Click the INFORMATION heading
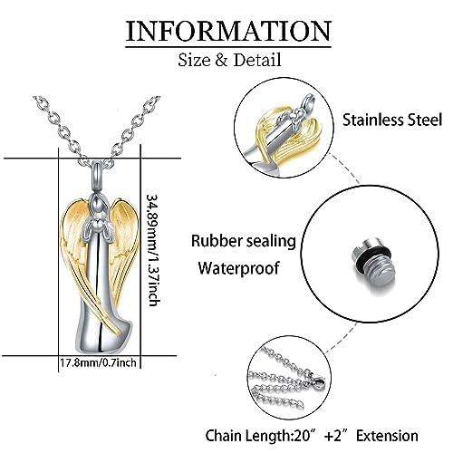tap(228, 31)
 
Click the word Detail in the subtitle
tap(257, 60)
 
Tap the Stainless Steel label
tap(392, 120)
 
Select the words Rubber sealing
tap(244, 242)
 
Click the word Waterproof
tap(238, 268)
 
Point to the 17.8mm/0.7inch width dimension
tap(98, 362)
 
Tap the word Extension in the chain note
tap(387, 436)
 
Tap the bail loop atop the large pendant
tap(98, 175)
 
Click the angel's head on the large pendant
tap(97, 205)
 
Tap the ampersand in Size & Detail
tap(221, 60)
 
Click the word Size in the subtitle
tap(194, 60)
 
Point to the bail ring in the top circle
tap(308, 101)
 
